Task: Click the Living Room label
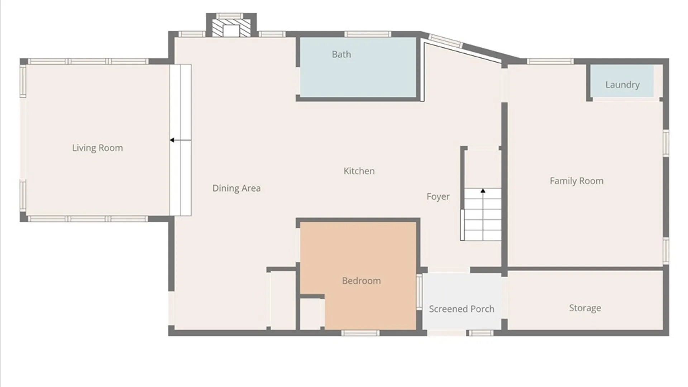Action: pyautogui.click(x=97, y=148)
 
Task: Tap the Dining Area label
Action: pyautogui.click(x=236, y=188)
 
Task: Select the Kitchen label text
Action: pyautogui.click(x=359, y=171)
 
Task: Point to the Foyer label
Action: pyautogui.click(x=438, y=197)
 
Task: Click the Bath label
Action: pyautogui.click(x=341, y=54)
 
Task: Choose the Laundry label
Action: pyautogui.click(x=622, y=85)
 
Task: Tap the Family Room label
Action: pyautogui.click(x=577, y=181)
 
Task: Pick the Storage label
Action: pyautogui.click(x=585, y=308)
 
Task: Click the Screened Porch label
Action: pyautogui.click(x=462, y=309)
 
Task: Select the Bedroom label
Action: pyautogui.click(x=361, y=281)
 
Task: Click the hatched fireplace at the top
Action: pyautogui.click(x=231, y=28)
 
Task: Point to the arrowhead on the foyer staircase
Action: pyautogui.click(x=483, y=191)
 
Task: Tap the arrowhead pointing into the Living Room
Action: pyautogui.click(x=172, y=140)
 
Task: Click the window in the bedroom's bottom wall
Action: pyautogui.click(x=360, y=333)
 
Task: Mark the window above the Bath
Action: pyautogui.click(x=368, y=34)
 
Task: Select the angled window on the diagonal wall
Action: pyautogui.click(x=445, y=41)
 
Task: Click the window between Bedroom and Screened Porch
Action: pyautogui.click(x=419, y=292)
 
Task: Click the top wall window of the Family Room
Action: pyautogui.click(x=550, y=61)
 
